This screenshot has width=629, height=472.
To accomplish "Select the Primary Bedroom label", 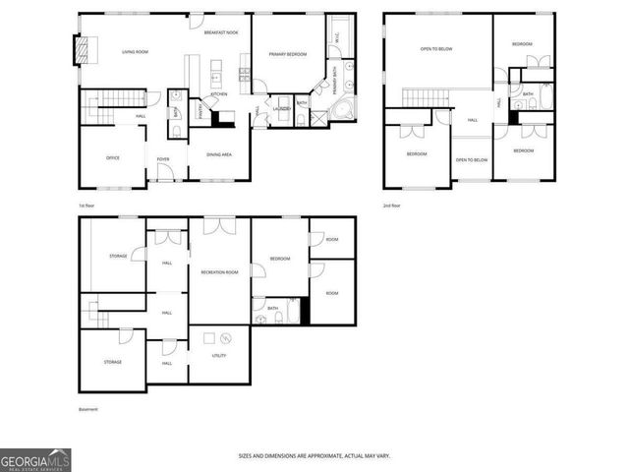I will coord(287,55).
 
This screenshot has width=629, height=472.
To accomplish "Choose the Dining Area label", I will coord(219,154).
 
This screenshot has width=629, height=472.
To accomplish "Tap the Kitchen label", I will coord(218,93).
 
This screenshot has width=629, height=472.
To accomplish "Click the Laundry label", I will coord(281,109).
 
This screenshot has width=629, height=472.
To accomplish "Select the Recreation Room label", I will coord(219,271).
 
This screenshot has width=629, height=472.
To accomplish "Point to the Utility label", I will coord(219,355).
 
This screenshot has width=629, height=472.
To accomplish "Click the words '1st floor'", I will coord(88,205).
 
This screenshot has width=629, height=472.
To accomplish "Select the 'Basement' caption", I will coord(88,408).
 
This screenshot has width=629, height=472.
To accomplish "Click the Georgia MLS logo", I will coord(35,459).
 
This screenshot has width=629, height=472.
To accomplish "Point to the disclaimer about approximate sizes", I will coord(314,455).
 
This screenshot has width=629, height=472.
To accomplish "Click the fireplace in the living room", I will coord(83,49).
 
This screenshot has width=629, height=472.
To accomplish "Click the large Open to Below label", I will coord(436,48).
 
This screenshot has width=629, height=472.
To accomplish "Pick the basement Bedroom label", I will coord(281,259).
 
